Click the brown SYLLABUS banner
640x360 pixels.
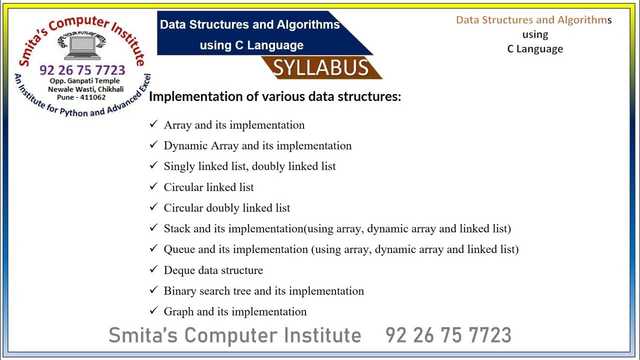click(x=321, y=68)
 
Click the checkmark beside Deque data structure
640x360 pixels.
click(x=153, y=269)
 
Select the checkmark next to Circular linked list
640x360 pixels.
click(x=153, y=186)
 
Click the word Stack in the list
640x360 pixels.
click(x=177, y=228)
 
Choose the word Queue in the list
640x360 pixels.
click(x=180, y=249)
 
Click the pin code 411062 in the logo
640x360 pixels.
click(x=93, y=97)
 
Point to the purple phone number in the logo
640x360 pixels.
click(x=82, y=70)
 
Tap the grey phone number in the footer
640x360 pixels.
click(x=448, y=335)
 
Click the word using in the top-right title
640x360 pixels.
click(x=535, y=34)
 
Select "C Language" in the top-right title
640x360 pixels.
click(x=535, y=49)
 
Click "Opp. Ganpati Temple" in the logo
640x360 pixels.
click(x=84, y=81)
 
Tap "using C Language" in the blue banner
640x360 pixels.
click(x=251, y=45)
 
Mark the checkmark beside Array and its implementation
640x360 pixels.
click(x=153, y=124)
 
